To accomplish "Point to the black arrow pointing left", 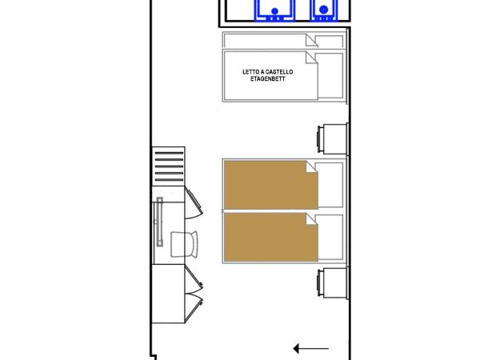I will coord(311,348).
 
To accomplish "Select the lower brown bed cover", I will coord(268,237).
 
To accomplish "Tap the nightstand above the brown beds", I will coord(330,138).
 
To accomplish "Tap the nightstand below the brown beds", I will coord(330,283).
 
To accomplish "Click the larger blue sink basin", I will coord(275,10).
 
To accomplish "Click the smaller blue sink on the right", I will coord(323,10).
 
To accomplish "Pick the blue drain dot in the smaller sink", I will coord(323,10).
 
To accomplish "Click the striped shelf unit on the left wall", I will coord(168,166).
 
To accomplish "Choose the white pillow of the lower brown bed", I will coord(330,238).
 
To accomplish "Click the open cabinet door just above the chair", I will coord(194,204).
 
